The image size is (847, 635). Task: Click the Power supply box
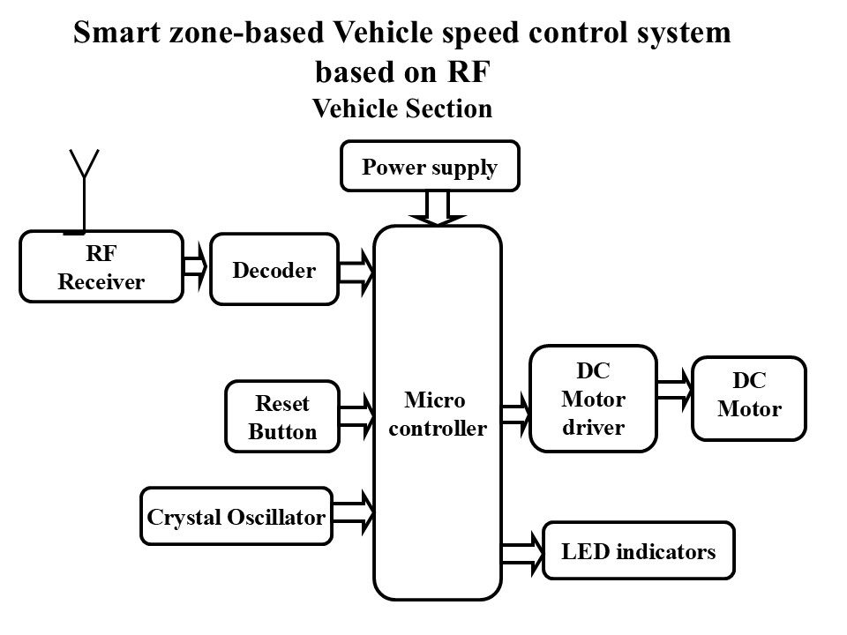coord(431,168)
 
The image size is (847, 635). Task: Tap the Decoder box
coord(274,270)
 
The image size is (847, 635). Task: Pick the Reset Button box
coord(282,417)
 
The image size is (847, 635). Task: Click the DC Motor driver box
coord(593,400)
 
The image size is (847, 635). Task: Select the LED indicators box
coord(639,553)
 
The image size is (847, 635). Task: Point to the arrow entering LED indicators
coord(522,552)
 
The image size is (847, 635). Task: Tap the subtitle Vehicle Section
coord(402,108)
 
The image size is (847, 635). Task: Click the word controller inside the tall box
coord(438,430)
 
